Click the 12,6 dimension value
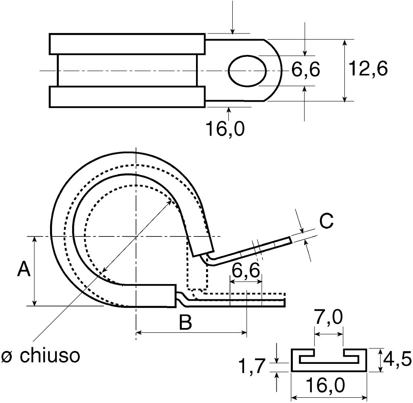368,69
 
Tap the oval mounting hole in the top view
248,71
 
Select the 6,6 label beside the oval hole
305,70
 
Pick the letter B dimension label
185,323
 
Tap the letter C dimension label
326,221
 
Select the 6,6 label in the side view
246,271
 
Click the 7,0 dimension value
329,319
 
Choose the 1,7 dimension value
251,367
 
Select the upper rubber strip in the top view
127,44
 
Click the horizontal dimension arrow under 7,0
329,334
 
